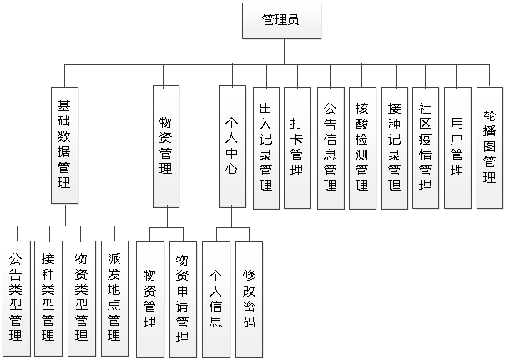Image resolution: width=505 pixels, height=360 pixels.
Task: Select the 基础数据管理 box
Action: point(64,145)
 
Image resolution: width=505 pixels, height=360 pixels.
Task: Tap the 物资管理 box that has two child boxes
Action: point(165,145)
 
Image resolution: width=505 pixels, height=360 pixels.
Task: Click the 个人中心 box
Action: point(232,145)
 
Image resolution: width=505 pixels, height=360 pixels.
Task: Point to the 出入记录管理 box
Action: point(265,147)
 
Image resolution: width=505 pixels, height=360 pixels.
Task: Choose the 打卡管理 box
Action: point(296,147)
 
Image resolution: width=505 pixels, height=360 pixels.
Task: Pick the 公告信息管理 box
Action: point(330,147)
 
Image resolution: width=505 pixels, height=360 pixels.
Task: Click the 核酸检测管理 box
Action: point(362,147)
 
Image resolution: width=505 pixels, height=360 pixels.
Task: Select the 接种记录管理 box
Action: point(394,147)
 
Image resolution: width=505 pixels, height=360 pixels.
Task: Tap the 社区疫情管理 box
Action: point(425,147)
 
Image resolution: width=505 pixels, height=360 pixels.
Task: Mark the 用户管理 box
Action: point(457,147)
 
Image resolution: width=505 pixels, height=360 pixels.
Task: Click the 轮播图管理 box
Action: point(489,147)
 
